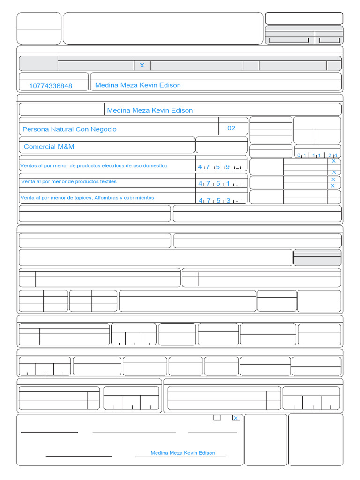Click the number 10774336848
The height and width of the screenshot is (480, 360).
point(51,86)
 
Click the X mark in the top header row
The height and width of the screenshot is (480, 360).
point(142,66)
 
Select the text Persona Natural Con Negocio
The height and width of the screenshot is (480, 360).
point(70,129)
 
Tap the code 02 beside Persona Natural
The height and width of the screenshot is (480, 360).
point(232,128)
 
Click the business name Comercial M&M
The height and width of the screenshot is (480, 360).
point(49,147)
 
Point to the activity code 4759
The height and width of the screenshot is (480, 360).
point(219,167)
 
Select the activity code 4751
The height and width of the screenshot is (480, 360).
point(219,184)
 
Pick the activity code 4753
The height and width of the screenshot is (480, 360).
point(219,201)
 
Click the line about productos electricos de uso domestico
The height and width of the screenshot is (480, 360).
point(94,166)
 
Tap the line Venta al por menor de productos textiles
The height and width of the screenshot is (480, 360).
point(69,181)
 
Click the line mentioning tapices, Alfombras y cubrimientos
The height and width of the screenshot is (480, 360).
point(87,198)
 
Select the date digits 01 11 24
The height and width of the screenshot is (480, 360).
point(317,155)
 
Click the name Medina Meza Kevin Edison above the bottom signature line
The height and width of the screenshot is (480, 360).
point(183,453)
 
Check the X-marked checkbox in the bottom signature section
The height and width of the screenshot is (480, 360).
point(236,418)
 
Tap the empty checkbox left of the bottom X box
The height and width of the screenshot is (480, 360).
point(217,418)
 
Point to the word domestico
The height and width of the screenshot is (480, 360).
point(155,166)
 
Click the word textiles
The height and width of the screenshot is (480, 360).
point(107,181)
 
